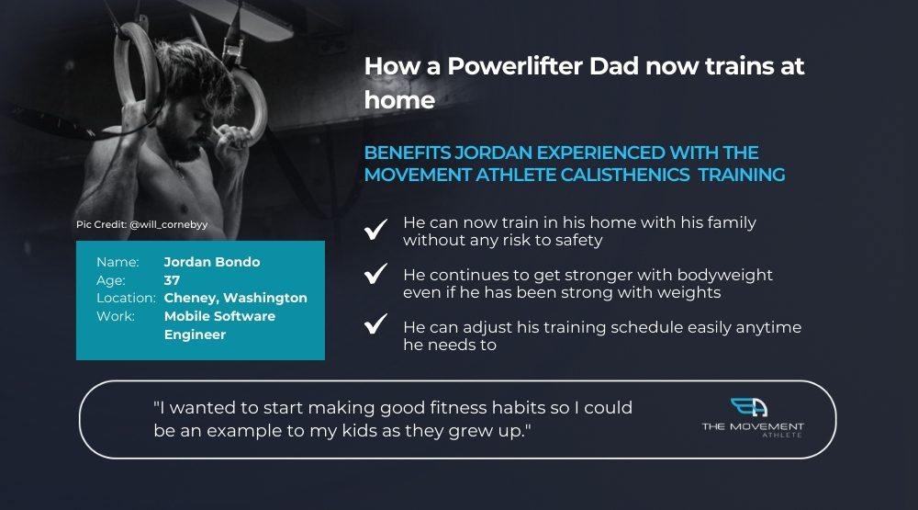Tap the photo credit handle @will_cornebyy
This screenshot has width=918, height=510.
pyautogui.click(x=169, y=224)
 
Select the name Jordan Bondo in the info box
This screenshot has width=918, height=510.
pyautogui.click(x=212, y=262)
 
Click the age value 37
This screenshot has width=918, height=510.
pyautogui.click(x=173, y=280)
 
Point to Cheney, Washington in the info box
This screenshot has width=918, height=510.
pyautogui.click(x=235, y=298)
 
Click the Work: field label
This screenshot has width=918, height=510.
pyautogui.click(x=116, y=316)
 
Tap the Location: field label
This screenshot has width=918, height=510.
pyautogui.click(x=127, y=298)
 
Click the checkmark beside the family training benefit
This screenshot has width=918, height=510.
pyautogui.click(x=375, y=229)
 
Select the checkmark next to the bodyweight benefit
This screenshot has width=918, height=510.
pyautogui.click(x=375, y=273)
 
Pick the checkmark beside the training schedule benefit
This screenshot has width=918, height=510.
pyautogui.click(x=375, y=323)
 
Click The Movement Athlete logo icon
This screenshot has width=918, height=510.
pyautogui.click(x=749, y=407)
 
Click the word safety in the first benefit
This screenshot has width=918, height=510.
pyautogui.click(x=579, y=241)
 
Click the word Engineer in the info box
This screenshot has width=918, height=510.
pyautogui.click(x=195, y=334)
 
